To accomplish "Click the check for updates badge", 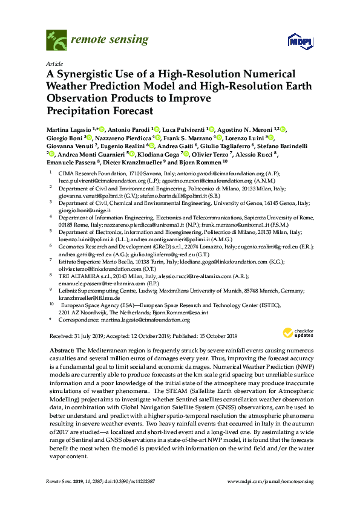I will tap(296, 332).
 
